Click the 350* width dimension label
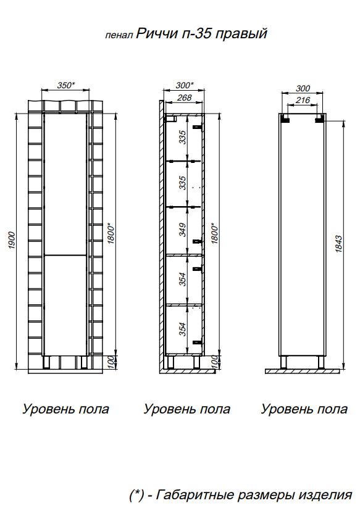66,85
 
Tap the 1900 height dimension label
12,240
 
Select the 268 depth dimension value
184,97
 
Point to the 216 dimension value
303,100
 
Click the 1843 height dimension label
338,244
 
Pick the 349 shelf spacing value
183,230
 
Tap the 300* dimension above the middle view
185,85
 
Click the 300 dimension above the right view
303,88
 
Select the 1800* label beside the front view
111,233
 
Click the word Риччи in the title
157,33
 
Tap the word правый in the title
241,34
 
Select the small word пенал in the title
119,35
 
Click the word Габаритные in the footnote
195,495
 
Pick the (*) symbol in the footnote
136,496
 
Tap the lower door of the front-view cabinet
65,305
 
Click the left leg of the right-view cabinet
283,362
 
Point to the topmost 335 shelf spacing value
183,137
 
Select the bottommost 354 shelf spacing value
183,329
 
